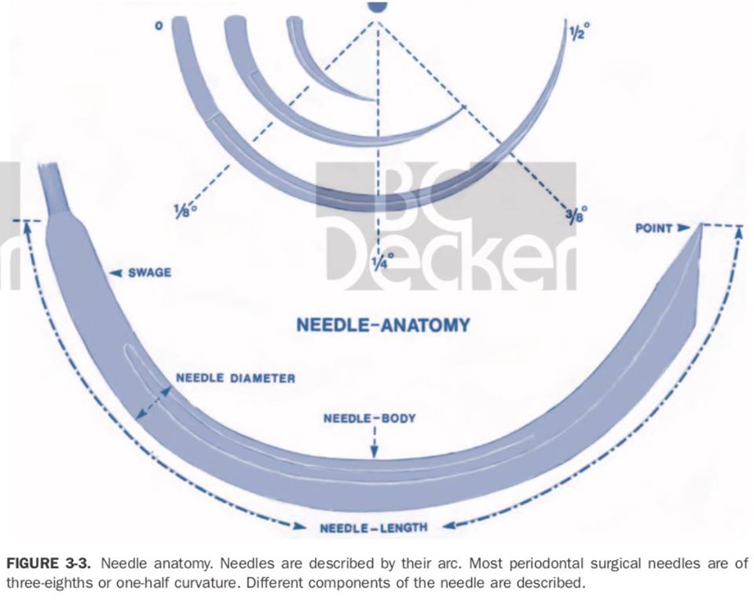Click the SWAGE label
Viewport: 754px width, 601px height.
coord(149,273)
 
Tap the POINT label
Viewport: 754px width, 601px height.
coord(654,228)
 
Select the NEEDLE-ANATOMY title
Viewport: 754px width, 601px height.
coord(383,324)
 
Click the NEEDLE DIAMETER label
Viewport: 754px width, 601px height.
coord(236,378)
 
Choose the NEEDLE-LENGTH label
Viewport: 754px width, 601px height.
coord(374,526)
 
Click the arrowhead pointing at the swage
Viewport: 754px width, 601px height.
coord(115,273)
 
